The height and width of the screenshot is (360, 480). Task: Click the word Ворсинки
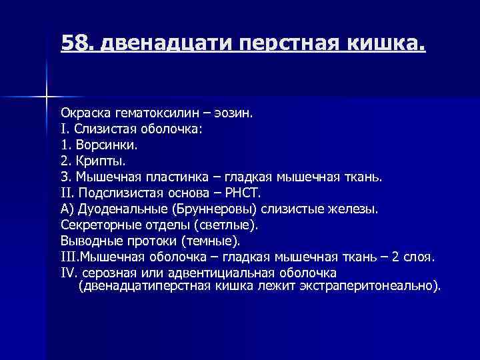105,145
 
